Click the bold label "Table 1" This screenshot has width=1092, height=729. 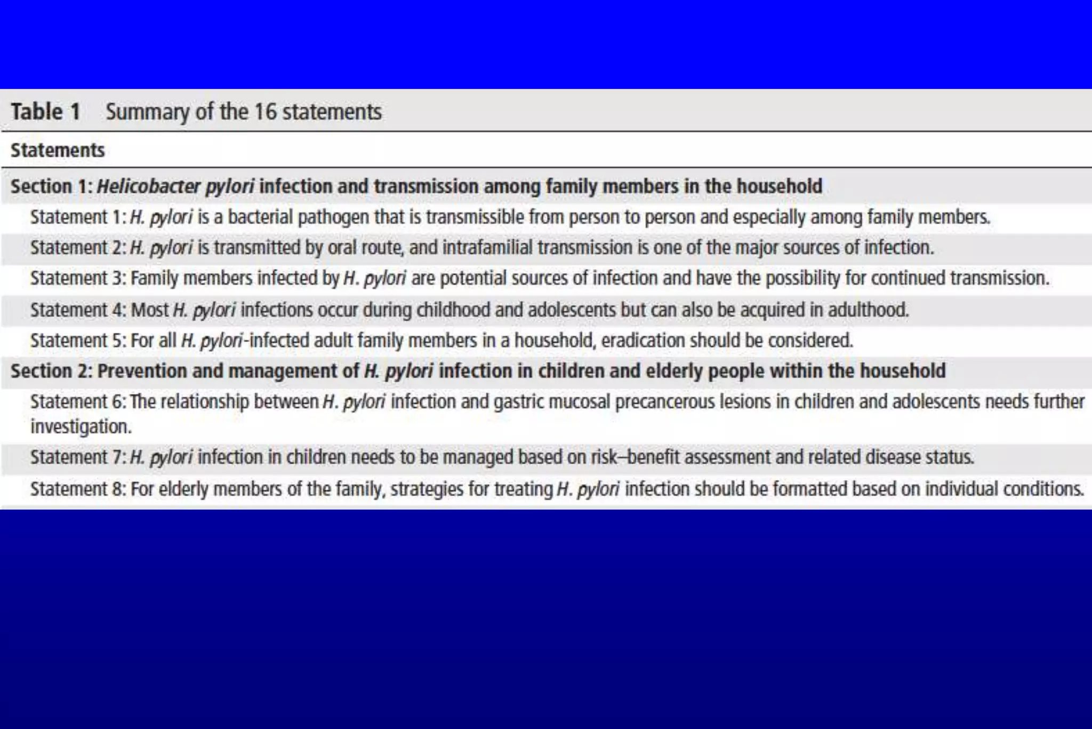45,112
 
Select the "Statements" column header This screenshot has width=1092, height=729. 58,150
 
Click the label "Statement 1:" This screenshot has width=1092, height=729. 78,217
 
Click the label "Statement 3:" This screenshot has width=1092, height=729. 78,279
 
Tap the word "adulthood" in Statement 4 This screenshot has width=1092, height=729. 868,310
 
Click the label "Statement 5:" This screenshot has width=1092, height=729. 78,340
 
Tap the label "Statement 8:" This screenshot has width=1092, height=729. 78,489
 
